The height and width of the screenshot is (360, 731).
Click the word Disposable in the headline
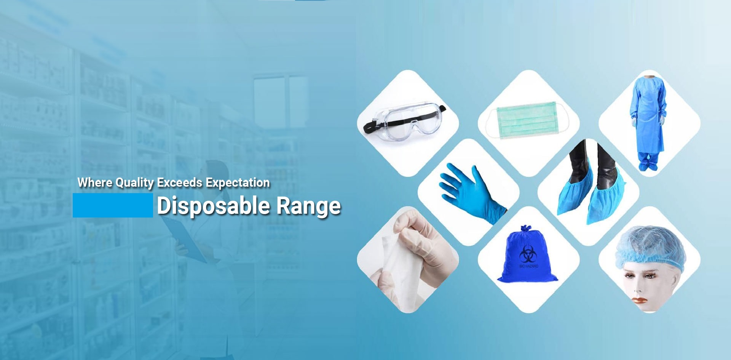(x=214, y=206)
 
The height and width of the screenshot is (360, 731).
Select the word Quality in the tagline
(x=134, y=183)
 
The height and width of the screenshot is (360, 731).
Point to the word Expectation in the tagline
(x=238, y=182)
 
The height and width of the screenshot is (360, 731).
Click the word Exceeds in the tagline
(x=180, y=182)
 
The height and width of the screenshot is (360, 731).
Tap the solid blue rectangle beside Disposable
(x=113, y=205)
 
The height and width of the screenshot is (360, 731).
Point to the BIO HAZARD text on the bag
(x=529, y=266)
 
